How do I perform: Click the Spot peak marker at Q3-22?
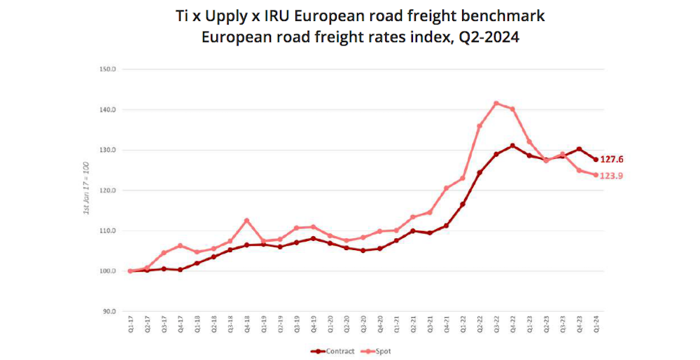pos(496,104)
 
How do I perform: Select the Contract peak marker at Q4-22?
pos(512,146)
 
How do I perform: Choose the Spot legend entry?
pos(379,351)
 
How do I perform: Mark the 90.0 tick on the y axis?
pos(108,311)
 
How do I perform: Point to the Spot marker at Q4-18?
pos(246,221)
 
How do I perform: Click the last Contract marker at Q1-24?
pos(596,160)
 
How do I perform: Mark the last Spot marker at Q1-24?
pos(596,175)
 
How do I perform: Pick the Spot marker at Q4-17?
pos(180,246)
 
